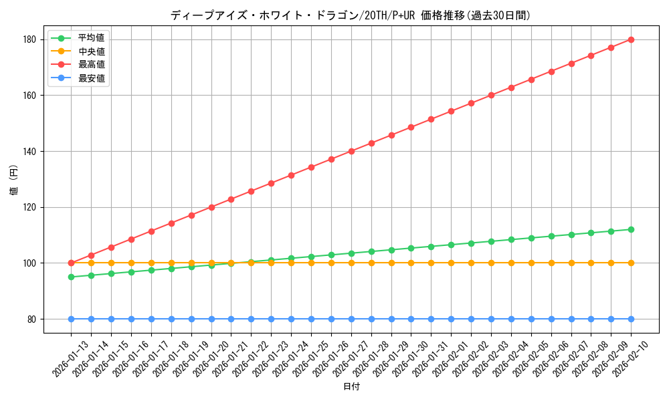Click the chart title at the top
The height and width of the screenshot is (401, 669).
pyautogui.click(x=351, y=15)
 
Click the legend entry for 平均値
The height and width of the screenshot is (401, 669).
pyautogui.click(x=91, y=38)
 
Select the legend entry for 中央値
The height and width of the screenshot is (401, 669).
pyautogui.click(x=91, y=51)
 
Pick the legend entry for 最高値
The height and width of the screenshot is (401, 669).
pyautogui.click(x=91, y=65)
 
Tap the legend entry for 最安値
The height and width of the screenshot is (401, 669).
pyautogui.click(x=91, y=78)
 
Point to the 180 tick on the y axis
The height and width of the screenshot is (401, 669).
pyautogui.click(x=31, y=39)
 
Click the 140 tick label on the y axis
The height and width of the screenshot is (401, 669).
pyautogui.click(x=31, y=152)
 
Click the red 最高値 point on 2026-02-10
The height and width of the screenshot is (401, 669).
pyautogui.click(x=631, y=39)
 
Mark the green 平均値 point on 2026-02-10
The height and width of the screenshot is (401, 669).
pyautogui.click(x=631, y=229)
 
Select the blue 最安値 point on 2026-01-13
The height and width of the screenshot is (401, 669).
pyautogui.click(x=71, y=319)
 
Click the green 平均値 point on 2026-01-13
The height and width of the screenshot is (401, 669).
pyautogui.click(x=71, y=277)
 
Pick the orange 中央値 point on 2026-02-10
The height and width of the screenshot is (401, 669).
pyautogui.click(x=631, y=263)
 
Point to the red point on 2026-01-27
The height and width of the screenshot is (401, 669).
pyautogui.click(x=351, y=151)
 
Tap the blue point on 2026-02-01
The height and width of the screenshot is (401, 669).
pyautogui.click(x=451, y=319)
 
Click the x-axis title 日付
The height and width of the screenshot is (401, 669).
pyautogui.click(x=351, y=387)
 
